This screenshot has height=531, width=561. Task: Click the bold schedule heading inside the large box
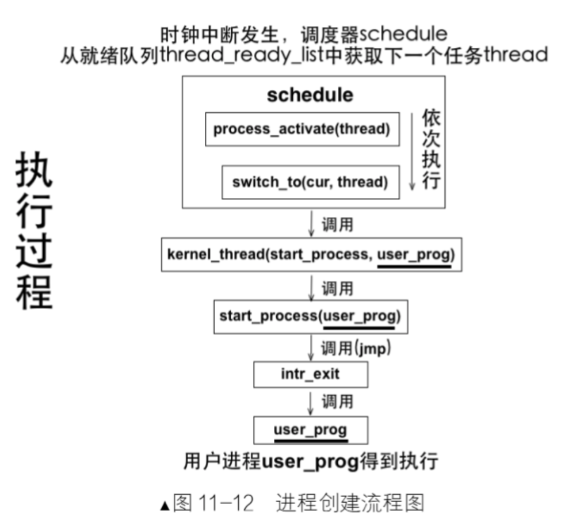pyautogui.click(x=310, y=94)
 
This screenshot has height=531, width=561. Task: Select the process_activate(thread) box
pyautogui.click(x=302, y=129)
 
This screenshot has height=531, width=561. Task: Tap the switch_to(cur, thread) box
pyautogui.click(x=310, y=182)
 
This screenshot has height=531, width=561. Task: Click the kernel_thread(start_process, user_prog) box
pyautogui.click(x=311, y=254)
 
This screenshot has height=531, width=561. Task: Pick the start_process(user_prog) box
pyautogui.click(x=310, y=316)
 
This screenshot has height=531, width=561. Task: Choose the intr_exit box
pyautogui.click(x=310, y=375)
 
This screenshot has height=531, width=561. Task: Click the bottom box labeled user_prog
pyautogui.click(x=310, y=430)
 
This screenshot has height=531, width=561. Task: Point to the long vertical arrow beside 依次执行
pyautogui.click(x=412, y=151)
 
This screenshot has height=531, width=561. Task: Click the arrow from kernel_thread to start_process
pyautogui.click(x=311, y=286)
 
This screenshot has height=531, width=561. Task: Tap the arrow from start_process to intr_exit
pyautogui.click(x=311, y=347)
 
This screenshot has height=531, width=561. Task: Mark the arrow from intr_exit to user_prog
pyautogui.click(x=311, y=403)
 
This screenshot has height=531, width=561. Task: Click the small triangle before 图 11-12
pyautogui.click(x=165, y=506)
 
